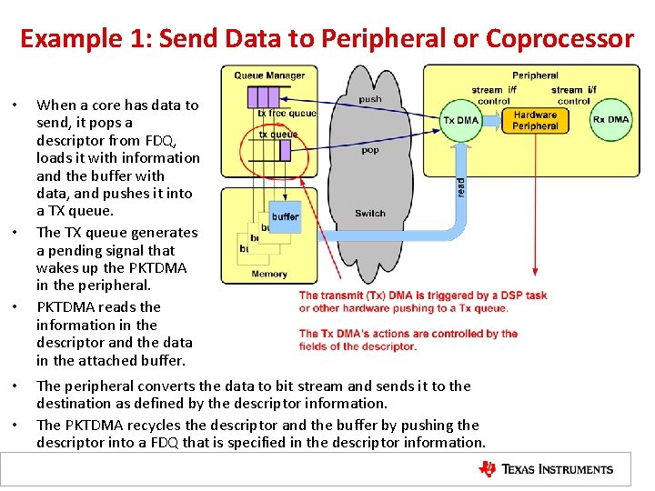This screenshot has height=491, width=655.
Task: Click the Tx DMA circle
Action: [x=460, y=120]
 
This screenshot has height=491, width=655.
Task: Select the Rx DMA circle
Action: [x=610, y=120]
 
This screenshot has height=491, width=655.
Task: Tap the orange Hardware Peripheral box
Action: [x=535, y=121]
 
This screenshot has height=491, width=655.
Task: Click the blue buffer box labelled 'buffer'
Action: [x=286, y=216]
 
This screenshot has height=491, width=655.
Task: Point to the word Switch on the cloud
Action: [x=370, y=214]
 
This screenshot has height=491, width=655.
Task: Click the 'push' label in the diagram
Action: [x=370, y=99]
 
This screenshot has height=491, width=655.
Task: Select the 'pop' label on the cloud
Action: [x=370, y=150]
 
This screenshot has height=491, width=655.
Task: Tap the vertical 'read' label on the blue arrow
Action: [x=461, y=185]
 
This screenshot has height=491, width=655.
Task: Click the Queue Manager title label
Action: [x=269, y=75]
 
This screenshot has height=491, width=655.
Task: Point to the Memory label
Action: [x=268, y=274]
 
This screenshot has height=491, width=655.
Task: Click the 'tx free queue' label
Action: [x=287, y=114]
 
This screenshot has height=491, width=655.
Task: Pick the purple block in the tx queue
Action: [x=285, y=149]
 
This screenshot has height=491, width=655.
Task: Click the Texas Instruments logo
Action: [x=546, y=469]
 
